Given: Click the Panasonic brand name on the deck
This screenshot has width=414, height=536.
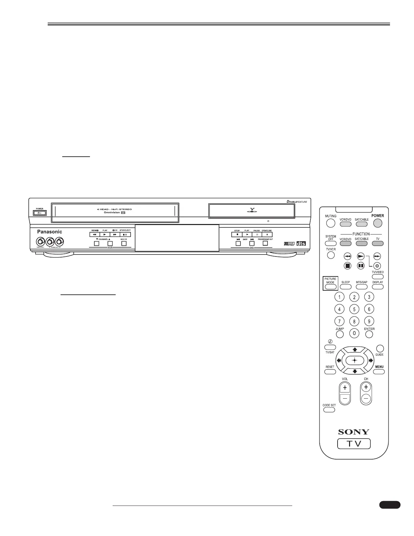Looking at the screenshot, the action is click(50, 232).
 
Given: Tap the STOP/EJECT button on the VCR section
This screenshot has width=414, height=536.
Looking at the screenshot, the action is click(125, 234).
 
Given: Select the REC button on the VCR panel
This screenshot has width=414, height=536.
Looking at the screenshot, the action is click(124, 243).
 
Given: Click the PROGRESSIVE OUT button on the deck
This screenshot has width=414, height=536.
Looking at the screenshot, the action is click(266, 243).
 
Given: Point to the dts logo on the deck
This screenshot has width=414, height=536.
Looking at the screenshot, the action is click(301, 243).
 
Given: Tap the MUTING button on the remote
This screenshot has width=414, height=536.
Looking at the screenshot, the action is click(330, 223).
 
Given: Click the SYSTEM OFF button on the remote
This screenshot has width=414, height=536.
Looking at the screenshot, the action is click(330, 243).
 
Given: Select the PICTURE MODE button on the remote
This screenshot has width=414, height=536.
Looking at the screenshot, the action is click(330, 287).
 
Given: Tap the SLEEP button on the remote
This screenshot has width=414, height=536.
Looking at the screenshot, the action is click(345, 287).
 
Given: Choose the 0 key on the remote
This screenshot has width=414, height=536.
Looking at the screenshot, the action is click(354, 333).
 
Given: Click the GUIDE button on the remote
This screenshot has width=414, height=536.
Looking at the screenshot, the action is click(380, 349).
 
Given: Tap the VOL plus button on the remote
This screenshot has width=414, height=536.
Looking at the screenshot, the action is click(345, 388).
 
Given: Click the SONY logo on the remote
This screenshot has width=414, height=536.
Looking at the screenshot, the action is click(354, 432).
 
